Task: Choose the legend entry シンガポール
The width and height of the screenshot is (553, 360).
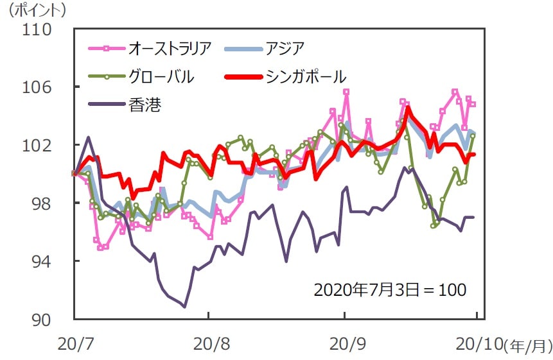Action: [x=305, y=77]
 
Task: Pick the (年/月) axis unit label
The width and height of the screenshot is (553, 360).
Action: [x=528, y=347]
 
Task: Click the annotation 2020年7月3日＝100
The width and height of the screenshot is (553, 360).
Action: [x=390, y=290]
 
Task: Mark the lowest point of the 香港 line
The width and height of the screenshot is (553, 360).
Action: [x=185, y=307]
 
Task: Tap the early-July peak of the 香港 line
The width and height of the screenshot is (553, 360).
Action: [x=88, y=137]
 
